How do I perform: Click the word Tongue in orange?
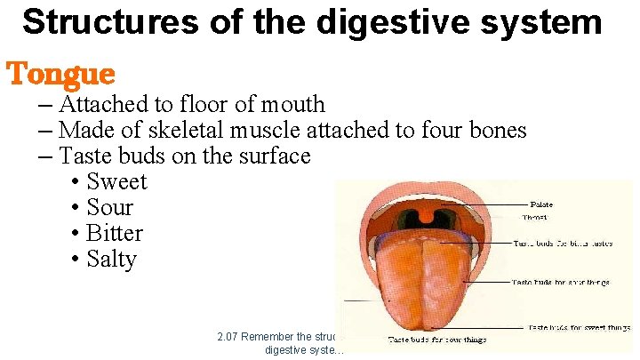tap(61, 73)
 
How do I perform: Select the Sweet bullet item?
tap(116, 182)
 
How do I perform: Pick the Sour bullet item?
tap(109, 208)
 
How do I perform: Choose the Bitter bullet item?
tap(115, 234)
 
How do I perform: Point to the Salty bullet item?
tap(111, 260)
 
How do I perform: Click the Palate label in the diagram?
tap(541, 204)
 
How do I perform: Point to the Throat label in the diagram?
tap(535, 217)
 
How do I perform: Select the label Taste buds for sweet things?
tap(579, 328)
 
